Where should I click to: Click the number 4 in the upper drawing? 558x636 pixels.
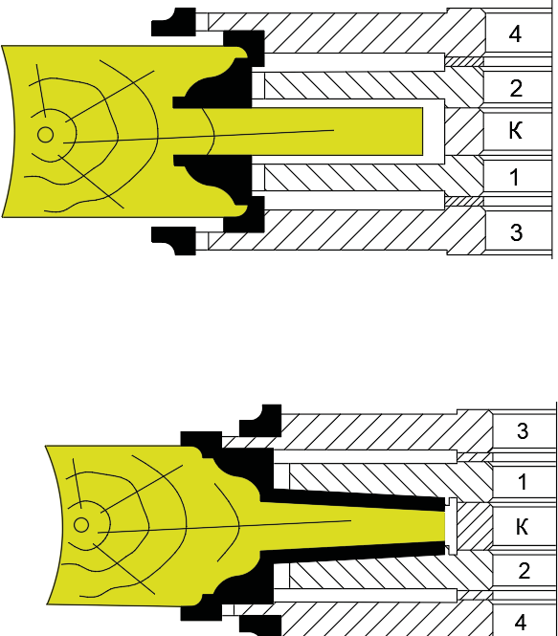point(515,34)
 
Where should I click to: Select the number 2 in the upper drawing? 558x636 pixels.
point(515,88)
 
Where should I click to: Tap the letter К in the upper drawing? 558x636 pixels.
point(515,131)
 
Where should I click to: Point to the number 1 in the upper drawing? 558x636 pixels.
point(514,177)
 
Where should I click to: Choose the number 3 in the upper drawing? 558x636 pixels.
point(516,232)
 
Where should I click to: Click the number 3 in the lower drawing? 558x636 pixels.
point(523,430)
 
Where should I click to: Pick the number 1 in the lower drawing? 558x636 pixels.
point(523,481)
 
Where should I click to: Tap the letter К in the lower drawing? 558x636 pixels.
point(523,526)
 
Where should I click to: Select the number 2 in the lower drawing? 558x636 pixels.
point(524,571)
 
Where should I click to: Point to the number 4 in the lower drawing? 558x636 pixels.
point(521,622)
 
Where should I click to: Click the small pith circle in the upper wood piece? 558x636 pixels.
point(45,135)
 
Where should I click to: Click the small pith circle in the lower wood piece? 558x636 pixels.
point(81,525)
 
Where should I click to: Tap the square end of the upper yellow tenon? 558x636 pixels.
point(422,131)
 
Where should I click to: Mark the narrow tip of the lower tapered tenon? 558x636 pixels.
point(445,526)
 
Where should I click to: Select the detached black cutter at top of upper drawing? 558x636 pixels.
point(173,22)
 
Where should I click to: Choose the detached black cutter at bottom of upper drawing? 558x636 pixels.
point(173,240)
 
